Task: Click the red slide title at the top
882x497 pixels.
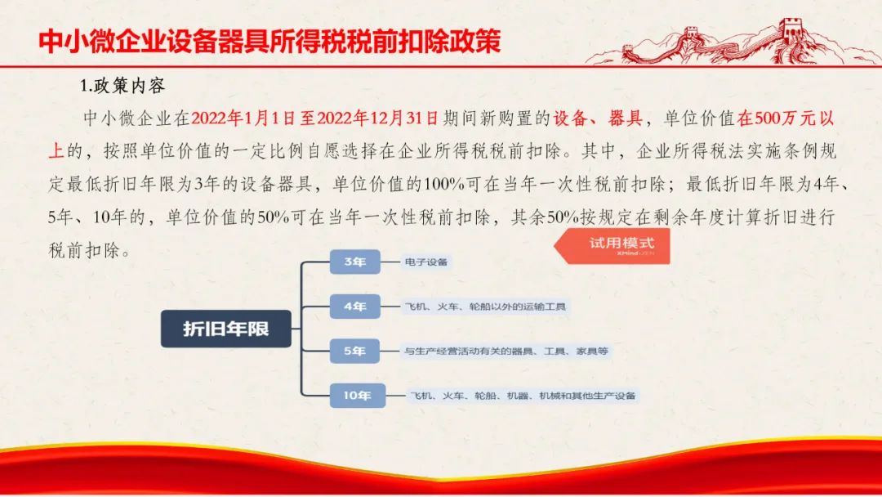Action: [269, 41]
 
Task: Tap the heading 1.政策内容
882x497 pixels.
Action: [122, 86]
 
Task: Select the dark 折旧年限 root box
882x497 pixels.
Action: [225, 329]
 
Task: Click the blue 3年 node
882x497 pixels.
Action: [355, 262]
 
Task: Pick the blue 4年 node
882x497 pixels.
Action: [355, 307]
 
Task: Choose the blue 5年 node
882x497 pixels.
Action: [355, 351]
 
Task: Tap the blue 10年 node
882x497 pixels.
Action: [357, 395]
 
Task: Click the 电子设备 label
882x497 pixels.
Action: [425, 262]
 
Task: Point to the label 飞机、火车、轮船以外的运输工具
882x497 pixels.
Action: [485, 307]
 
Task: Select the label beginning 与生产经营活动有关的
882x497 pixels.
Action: [506, 351]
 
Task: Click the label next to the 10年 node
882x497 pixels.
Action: [523, 396]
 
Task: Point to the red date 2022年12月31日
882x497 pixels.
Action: [377, 119]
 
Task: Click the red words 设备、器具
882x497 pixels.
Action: [597, 119]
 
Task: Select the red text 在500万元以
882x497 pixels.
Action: [786, 119]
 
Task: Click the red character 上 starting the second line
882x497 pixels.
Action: [56, 151]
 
